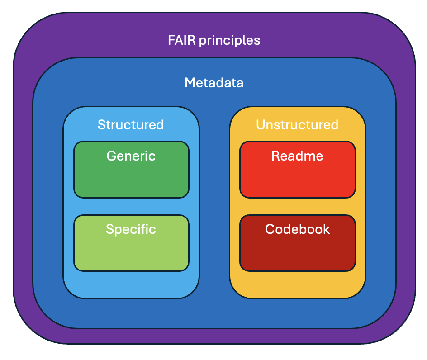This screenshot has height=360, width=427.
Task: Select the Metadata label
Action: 214,83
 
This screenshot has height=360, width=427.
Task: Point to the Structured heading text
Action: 131,124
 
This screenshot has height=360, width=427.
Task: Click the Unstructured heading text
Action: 297,124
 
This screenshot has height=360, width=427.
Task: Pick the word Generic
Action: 131,156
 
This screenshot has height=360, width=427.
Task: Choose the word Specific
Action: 131,229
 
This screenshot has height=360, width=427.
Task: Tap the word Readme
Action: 297,156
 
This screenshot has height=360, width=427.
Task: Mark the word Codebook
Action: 297,229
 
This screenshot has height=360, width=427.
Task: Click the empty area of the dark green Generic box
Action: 131,181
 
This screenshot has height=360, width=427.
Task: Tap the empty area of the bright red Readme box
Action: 297,181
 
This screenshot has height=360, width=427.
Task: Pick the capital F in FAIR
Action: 171,40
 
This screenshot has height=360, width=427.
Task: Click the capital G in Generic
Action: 111,156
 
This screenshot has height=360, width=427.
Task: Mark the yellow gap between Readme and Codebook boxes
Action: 297,207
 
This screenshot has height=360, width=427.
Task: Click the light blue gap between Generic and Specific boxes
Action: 131,207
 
